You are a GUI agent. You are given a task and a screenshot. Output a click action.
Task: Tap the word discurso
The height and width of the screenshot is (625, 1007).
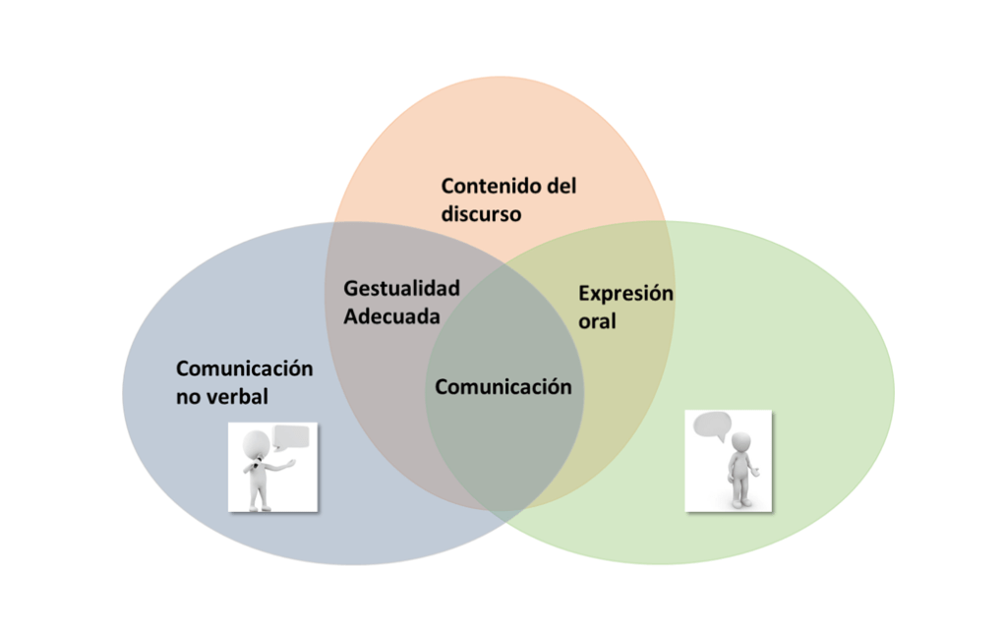tap(481, 213)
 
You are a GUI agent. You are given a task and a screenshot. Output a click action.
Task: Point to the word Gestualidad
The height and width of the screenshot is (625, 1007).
tap(401, 289)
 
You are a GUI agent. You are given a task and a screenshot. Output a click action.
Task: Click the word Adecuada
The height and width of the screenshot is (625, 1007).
tap(391, 316)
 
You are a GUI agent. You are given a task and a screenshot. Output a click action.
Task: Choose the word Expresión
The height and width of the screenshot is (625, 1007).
tap(625, 293)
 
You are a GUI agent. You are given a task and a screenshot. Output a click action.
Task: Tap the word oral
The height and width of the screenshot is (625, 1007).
tap(597, 320)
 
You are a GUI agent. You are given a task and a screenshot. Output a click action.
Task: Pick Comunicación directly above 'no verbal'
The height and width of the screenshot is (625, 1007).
tap(244, 369)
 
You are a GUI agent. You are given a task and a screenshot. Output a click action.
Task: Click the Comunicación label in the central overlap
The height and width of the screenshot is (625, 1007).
tap(503, 386)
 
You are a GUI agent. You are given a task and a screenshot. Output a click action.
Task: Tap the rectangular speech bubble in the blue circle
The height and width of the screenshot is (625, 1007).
tap(291, 437)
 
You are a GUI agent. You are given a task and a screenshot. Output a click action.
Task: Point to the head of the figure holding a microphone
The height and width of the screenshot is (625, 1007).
tap(256, 442)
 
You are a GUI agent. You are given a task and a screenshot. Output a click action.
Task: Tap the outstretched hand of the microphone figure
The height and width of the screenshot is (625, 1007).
tap(291, 461)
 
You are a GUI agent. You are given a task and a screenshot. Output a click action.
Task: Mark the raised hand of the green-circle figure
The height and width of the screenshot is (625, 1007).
tap(756, 473)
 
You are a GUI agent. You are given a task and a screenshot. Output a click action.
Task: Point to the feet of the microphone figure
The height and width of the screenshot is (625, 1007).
tap(258, 506)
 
